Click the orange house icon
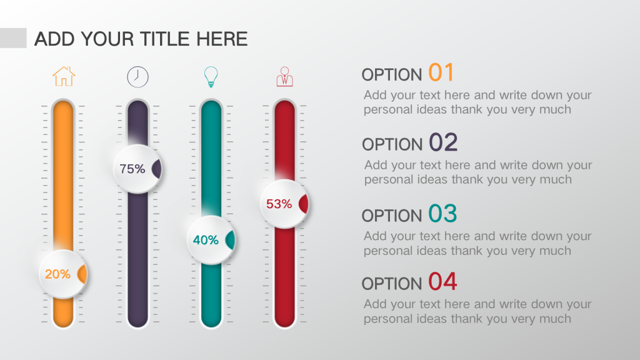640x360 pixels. [64, 76]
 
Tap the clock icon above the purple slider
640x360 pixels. [137, 77]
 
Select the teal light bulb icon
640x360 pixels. [211, 77]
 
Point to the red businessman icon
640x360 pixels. [284, 77]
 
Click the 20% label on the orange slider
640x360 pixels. [57, 274]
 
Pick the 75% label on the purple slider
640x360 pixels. [132, 169]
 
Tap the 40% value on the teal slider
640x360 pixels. [206, 240]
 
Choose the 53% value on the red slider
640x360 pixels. [279, 204]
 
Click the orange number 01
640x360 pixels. [441, 72]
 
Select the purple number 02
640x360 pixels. [443, 142]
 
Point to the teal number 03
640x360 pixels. [442, 214]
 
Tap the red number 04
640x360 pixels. [442, 282]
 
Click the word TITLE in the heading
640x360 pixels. [165, 39]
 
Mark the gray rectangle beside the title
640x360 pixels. [13, 38]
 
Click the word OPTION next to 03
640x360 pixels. [392, 216]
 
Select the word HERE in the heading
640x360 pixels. [222, 39]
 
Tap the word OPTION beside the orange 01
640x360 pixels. [392, 75]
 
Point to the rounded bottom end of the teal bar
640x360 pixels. [211, 322]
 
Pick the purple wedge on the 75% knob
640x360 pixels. [157, 169]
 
